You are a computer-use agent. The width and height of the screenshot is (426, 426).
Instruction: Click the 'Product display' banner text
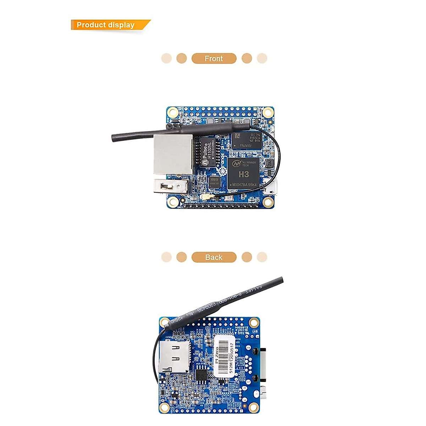tap(105, 25)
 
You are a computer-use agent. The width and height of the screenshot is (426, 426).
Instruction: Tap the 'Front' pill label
tap(214, 59)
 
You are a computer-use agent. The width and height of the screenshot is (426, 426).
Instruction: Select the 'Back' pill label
tap(214, 257)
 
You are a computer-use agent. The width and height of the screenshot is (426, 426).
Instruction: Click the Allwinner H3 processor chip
tap(244, 174)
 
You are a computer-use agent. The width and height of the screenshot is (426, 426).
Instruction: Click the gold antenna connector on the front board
tap(205, 197)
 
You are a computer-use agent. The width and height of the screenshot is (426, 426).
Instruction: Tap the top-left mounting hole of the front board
tap(173, 113)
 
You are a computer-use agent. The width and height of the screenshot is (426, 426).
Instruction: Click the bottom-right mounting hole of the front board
tap(268, 201)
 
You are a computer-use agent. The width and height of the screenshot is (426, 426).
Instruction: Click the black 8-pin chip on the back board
tap(201, 375)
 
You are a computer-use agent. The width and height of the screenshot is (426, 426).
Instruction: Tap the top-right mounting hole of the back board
tap(253, 323)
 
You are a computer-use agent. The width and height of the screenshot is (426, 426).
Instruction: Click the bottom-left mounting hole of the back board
tap(164, 406)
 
